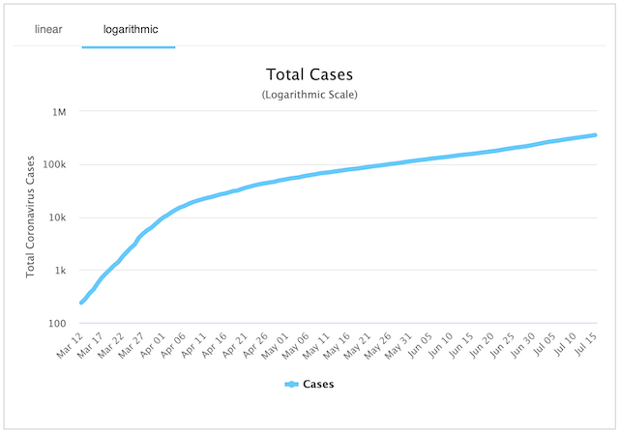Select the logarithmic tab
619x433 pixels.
128,29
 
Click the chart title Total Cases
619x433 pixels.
309,74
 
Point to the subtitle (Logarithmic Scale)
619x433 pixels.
309,95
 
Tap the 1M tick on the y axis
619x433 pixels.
58,112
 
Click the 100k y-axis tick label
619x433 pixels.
52,165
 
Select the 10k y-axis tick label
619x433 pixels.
55,218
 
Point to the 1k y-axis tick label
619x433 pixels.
58,272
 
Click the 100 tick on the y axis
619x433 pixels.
56,324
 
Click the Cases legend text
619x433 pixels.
319,385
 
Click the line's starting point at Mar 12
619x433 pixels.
81,303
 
